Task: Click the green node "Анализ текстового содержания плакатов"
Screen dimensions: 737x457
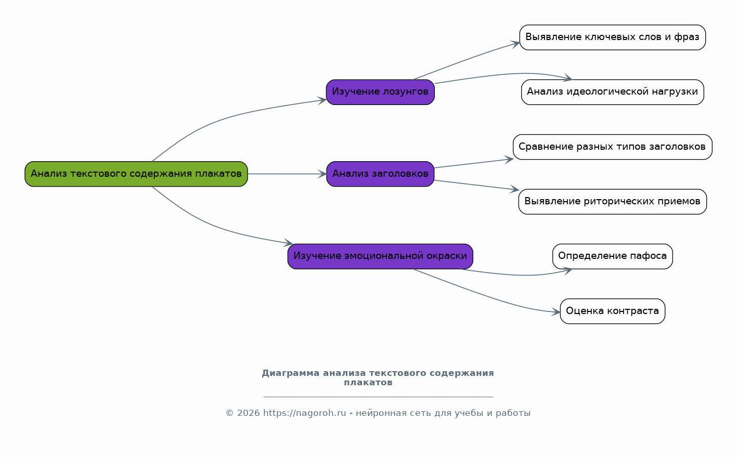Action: click(136, 174)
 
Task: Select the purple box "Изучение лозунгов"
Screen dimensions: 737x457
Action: click(380, 92)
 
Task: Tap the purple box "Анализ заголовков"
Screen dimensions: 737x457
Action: click(380, 174)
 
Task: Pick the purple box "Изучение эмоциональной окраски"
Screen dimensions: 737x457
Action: click(380, 256)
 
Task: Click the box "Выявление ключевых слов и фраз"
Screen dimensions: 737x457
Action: click(613, 37)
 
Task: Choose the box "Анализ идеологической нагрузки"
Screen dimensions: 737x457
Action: click(613, 92)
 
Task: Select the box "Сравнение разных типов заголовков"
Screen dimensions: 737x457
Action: click(613, 147)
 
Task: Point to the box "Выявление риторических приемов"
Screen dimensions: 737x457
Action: click(613, 202)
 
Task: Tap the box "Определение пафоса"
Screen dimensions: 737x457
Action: click(613, 256)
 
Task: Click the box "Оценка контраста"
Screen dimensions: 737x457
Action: click(613, 311)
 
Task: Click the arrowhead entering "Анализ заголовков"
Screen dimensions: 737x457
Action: click(322, 174)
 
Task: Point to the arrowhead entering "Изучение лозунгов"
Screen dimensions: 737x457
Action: click(322, 100)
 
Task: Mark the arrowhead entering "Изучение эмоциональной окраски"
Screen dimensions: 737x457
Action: click(289, 243)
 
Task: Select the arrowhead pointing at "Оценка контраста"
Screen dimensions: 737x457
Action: click(556, 311)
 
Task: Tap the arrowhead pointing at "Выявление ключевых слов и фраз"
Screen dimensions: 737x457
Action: click(515, 44)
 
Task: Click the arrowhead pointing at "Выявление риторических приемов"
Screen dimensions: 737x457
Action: click(515, 189)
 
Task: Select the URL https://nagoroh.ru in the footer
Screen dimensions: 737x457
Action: click(305, 413)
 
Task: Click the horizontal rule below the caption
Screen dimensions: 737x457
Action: click(378, 397)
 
